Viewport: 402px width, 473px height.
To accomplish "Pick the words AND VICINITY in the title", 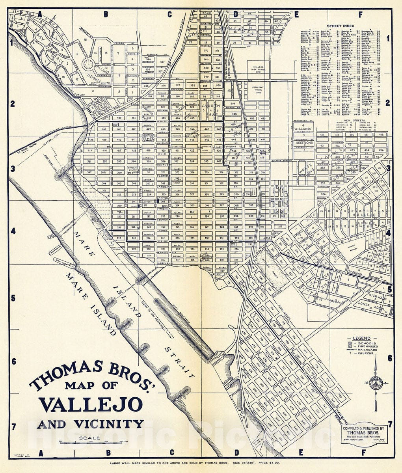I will pos(90,424).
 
